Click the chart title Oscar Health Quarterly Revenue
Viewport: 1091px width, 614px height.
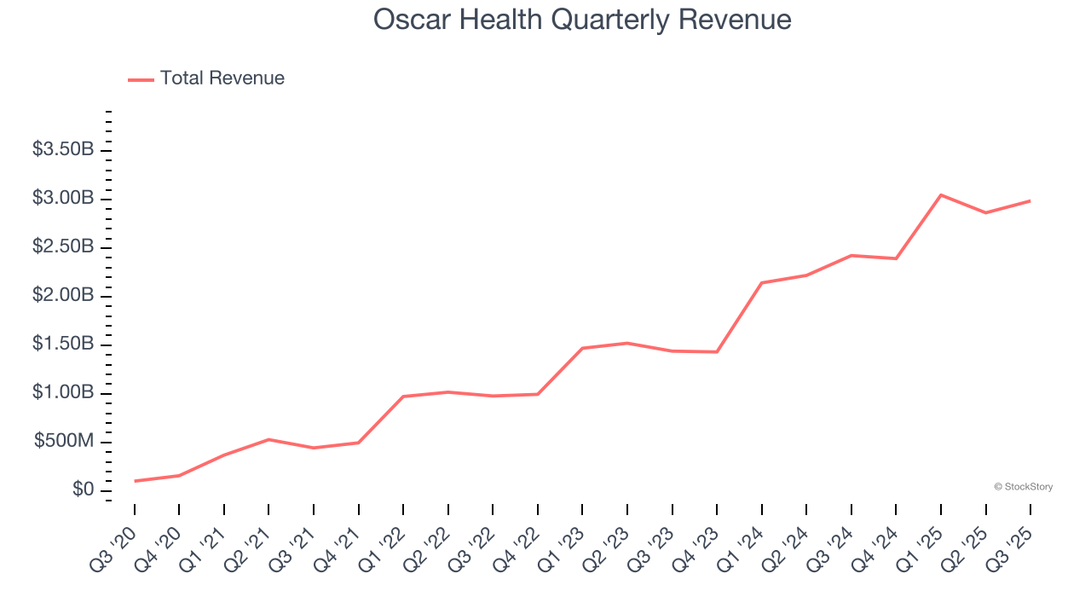(582, 20)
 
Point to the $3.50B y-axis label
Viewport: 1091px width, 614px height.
(63, 150)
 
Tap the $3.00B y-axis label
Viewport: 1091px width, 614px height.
(63, 199)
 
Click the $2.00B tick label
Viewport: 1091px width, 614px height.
(63, 296)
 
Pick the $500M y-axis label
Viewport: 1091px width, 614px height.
(64, 442)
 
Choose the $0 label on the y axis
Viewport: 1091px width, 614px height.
(83, 490)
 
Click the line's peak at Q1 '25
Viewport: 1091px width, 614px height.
(941, 195)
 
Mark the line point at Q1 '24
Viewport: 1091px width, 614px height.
(762, 283)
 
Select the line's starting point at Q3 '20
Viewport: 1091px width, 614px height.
(135, 481)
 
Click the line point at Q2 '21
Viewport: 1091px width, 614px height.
(269, 439)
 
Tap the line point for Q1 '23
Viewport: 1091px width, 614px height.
(583, 348)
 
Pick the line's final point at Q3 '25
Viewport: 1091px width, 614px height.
(1030, 201)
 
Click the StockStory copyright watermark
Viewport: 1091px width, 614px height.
(1023, 487)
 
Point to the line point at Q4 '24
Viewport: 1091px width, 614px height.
(896, 258)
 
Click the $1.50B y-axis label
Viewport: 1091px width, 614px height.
(63, 345)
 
